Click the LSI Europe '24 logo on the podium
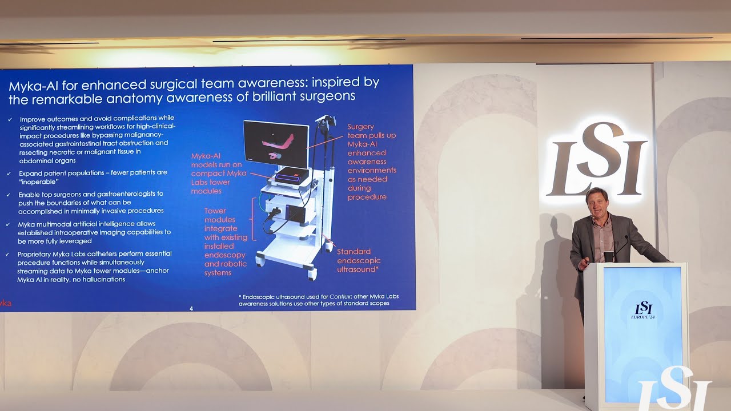click(643, 310)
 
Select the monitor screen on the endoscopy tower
click(276, 143)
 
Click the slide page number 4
click(191, 309)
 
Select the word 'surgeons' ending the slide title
click(331, 96)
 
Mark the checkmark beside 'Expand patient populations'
click(9, 173)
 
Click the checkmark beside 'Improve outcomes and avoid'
click(9, 119)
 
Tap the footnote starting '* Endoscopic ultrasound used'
click(319, 300)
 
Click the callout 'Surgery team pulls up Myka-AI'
click(371, 162)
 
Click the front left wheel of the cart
click(260, 261)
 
